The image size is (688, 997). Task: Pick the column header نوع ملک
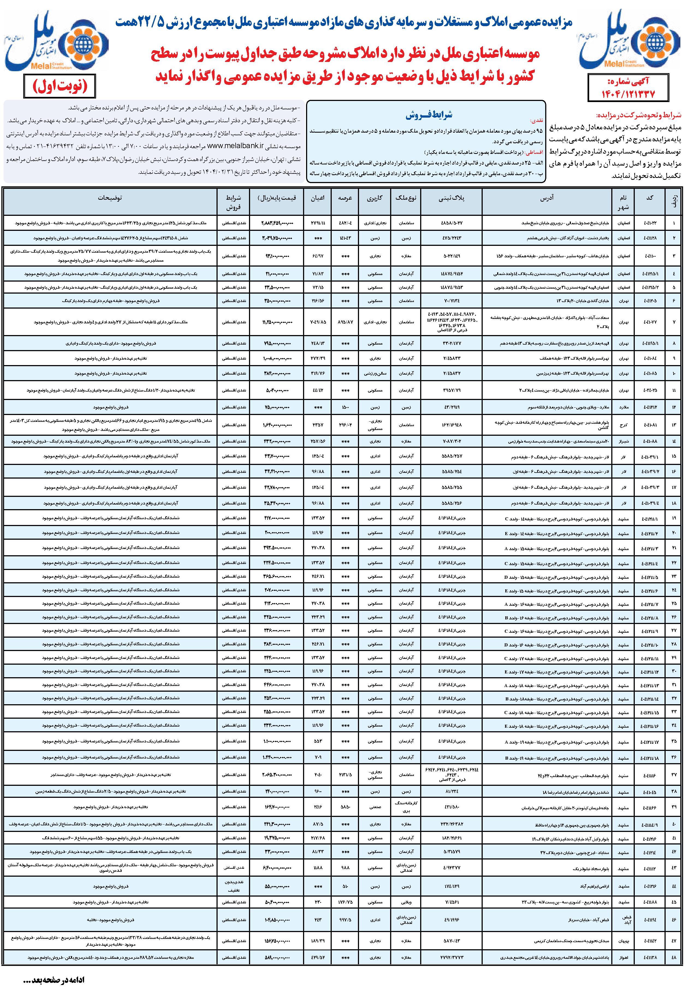(x=405, y=198)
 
